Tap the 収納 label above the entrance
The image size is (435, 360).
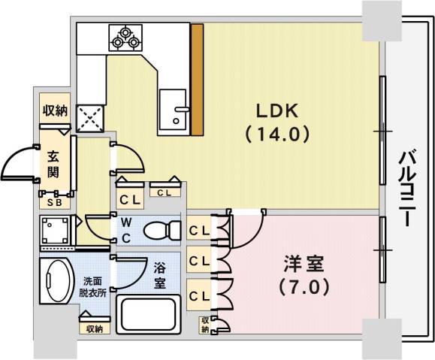click(x=55, y=110)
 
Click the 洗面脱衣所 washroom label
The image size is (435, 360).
click(x=94, y=289)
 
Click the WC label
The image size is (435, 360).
click(x=126, y=229)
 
